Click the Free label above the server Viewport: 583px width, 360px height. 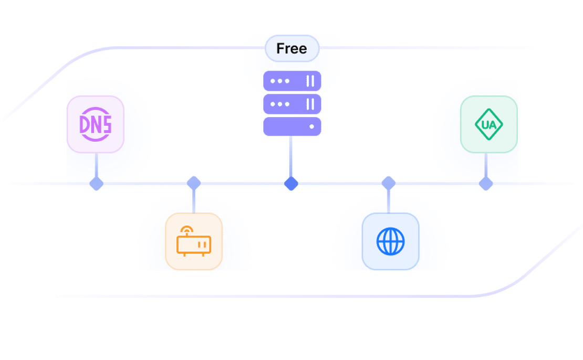click(291, 49)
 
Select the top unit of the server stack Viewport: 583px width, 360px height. click(291, 81)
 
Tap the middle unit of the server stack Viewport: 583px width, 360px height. click(291, 104)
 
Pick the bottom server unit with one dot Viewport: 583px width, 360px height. click(291, 126)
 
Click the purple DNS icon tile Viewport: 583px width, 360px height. click(96, 124)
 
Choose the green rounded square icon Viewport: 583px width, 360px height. click(488, 124)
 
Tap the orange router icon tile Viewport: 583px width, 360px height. click(194, 241)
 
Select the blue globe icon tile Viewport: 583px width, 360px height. click(390, 241)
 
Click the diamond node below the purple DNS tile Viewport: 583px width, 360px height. click(96, 184)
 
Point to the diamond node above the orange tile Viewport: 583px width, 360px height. click(194, 182)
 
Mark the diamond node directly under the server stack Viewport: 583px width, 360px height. click(291, 184)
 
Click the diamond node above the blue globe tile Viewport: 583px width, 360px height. click(388, 182)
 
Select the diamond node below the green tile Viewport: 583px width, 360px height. click(486, 184)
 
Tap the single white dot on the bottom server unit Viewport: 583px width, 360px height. click(312, 126)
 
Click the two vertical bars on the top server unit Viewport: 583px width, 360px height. click(310, 81)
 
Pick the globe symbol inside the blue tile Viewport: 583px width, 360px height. click(390, 241)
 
